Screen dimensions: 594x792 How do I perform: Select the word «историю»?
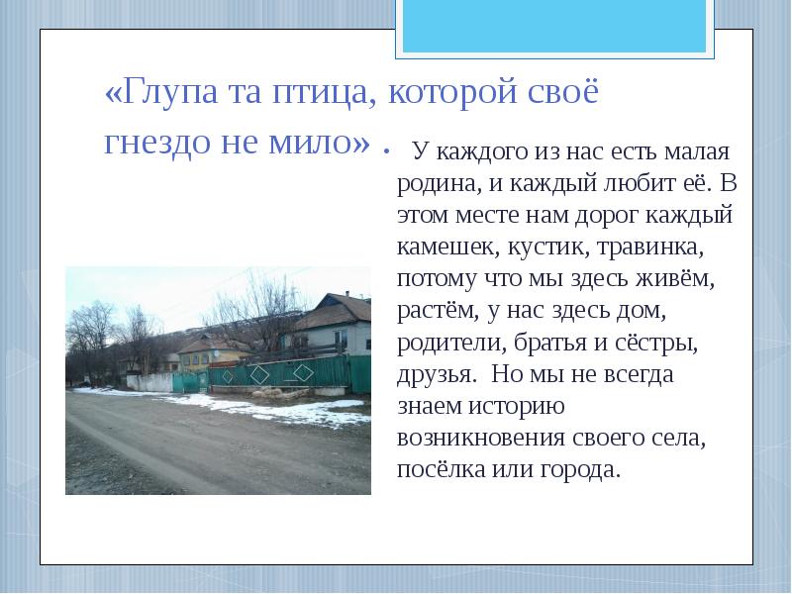(x=522, y=406)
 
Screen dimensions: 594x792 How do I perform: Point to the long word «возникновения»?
(x=481, y=438)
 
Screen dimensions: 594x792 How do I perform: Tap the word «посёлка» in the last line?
(x=441, y=468)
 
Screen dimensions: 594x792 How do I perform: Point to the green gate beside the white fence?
(x=186, y=382)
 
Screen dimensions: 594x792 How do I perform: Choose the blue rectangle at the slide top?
(x=553, y=25)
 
